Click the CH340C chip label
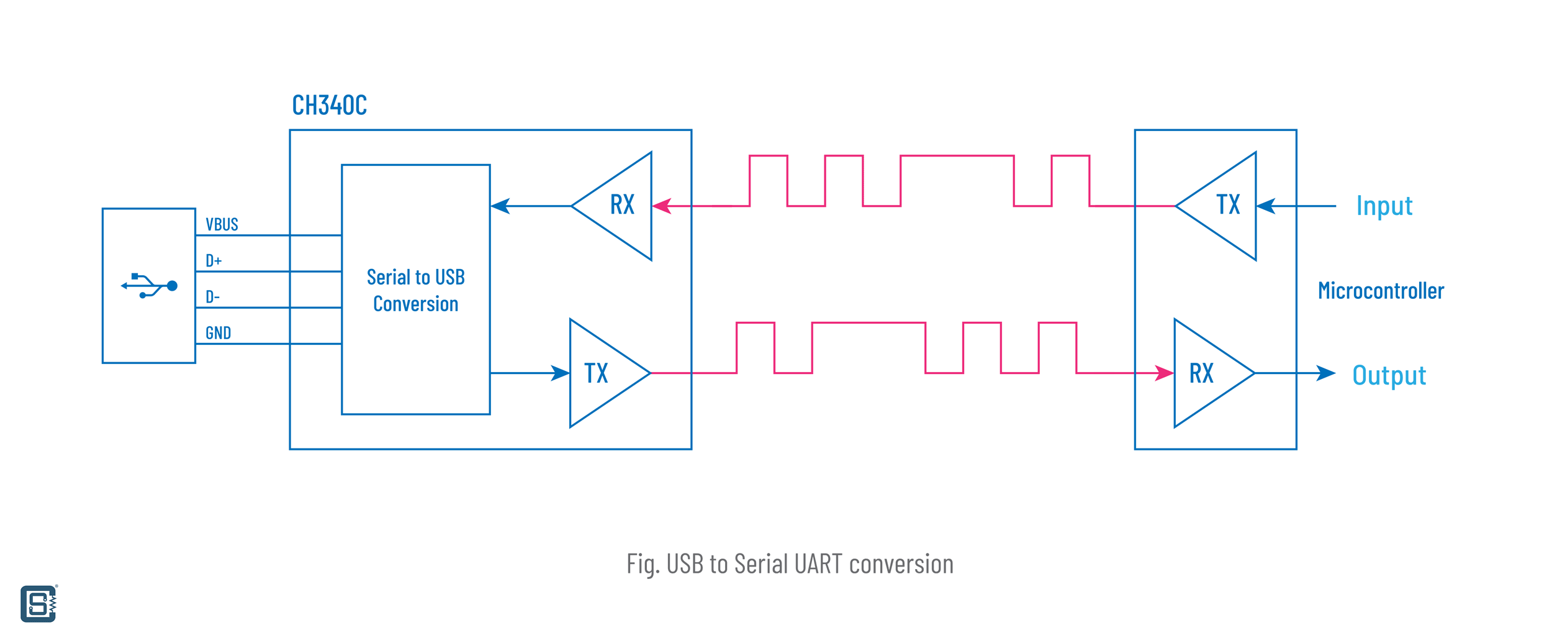(329, 106)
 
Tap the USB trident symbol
(149, 286)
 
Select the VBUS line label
(222, 224)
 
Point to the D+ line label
(214, 260)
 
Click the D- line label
(212, 296)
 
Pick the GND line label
(218, 333)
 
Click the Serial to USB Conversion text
(415, 290)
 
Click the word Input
(1384, 206)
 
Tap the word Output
(1389, 375)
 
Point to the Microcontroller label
(1381, 291)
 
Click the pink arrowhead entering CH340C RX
(662, 206)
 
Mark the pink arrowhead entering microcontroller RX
(1164, 373)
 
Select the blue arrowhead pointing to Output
(1325, 373)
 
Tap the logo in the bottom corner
(38, 603)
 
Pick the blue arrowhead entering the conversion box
(500, 206)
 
